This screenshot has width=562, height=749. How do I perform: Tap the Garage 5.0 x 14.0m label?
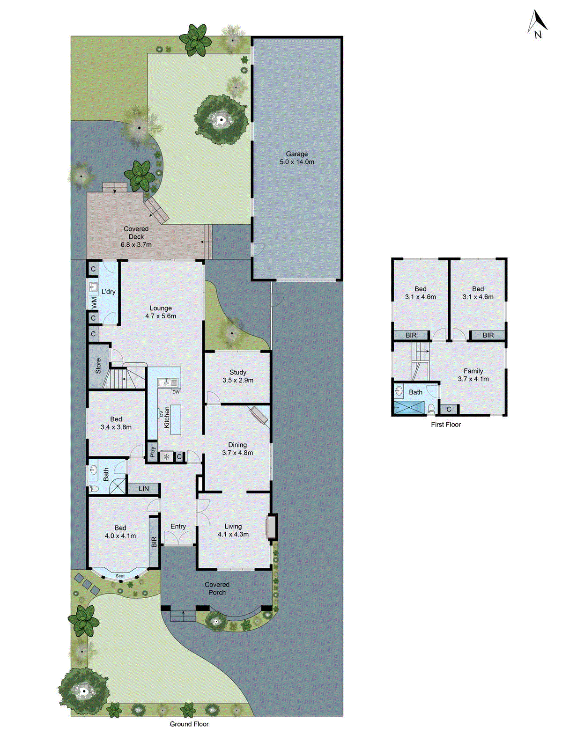297,158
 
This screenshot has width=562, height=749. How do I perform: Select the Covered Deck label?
136,236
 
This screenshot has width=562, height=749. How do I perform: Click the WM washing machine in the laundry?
94,302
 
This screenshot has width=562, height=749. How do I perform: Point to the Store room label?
98,366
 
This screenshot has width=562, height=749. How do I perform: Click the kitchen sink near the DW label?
165,383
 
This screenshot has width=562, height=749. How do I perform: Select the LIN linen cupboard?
144,489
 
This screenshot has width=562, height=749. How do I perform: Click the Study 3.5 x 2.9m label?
238,376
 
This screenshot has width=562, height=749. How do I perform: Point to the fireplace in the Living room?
271,527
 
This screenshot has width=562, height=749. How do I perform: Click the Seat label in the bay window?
120,576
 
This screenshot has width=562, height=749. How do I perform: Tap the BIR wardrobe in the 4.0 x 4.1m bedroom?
154,542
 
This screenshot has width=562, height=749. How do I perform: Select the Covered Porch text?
217,588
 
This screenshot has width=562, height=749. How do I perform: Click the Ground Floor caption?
189,724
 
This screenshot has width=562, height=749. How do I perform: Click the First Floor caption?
446,425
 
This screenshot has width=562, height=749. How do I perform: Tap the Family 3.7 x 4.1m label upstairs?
473,375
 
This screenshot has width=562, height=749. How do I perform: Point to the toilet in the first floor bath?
431,409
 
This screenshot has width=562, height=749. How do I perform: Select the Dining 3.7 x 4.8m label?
237,448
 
